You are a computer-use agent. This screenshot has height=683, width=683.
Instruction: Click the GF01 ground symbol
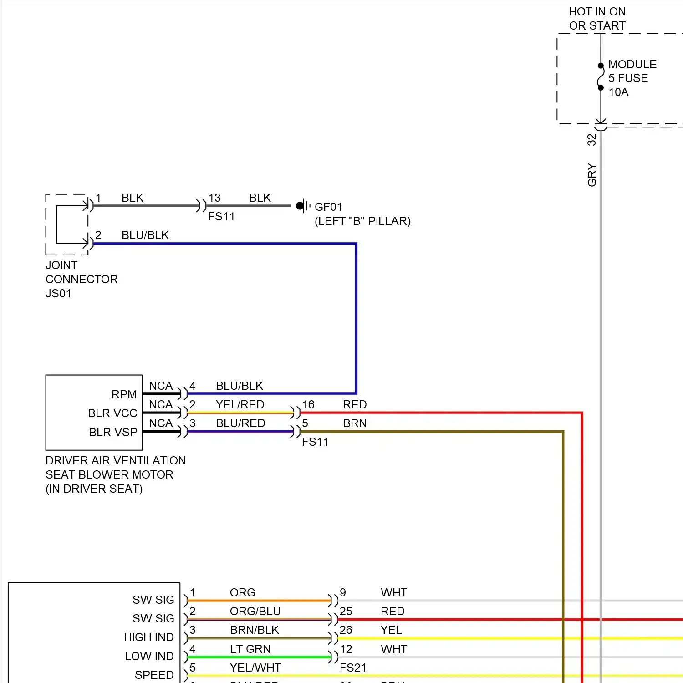(x=303, y=206)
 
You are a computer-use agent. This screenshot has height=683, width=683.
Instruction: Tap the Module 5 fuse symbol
(x=601, y=77)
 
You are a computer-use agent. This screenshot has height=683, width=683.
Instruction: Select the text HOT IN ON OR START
(x=597, y=19)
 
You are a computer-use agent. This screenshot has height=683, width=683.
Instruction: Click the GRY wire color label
(x=591, y=175)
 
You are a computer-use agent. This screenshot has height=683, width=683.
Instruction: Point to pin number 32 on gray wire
(x=591, y=139)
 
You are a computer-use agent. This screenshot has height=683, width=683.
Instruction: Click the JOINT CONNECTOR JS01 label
(x=81, y=279)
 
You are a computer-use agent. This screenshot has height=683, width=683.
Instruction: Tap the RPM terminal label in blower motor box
(x=124, y=394)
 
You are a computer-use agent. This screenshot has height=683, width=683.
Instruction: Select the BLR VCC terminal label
(x=112, y=413)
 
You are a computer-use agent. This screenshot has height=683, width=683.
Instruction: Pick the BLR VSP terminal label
(x=113, y=432)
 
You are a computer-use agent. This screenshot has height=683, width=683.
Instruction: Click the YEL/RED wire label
(x=240, y=404)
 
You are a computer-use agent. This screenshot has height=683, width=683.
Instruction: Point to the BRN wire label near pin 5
(x=355, y=423)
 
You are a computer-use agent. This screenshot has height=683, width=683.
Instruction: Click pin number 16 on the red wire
(x=308, y=404)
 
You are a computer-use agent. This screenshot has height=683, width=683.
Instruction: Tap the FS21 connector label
(x=353, y=668)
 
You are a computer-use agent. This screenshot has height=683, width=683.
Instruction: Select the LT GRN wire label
(x=250, y=649)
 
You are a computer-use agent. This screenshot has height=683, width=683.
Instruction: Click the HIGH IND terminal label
(x=148, y=637)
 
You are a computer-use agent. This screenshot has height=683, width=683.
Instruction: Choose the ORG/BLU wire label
(x=255, y=611)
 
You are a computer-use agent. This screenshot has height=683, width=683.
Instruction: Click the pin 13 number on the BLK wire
(x=214, y=198)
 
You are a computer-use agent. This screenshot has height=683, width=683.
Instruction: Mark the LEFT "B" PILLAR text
(x=362, y=221)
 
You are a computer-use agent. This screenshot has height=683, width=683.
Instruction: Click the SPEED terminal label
(x=154, y=675)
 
